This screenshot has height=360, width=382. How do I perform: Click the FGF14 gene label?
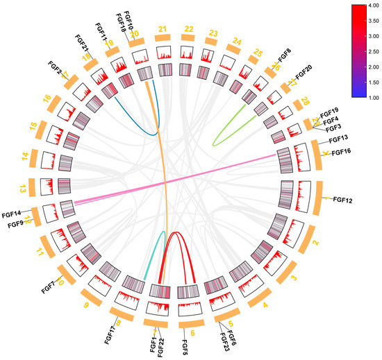click(x=12, y=214)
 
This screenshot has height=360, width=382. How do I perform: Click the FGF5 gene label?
click(x=185, y=345)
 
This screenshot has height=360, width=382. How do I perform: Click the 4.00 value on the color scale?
click(x=369, y=6)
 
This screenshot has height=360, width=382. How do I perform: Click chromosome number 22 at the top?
click(x=188, y=29)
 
